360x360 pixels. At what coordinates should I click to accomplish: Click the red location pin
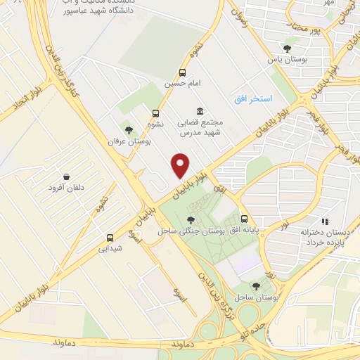point(181,165)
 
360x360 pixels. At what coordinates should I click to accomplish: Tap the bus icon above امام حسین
point(183,72)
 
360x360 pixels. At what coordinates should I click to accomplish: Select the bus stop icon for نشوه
point(155,112)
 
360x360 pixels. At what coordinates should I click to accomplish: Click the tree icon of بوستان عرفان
point(128,129)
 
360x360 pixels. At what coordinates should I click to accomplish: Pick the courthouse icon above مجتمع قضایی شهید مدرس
point(200,112)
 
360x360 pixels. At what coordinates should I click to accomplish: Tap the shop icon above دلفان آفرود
point(66,176)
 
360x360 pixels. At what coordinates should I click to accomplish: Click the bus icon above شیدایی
point(110,238)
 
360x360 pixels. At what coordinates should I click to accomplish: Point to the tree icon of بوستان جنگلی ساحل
point(191,220)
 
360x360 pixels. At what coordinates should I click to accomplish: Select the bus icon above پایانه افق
point(244,219)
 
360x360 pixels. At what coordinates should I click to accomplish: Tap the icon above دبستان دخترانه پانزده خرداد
point(325,221)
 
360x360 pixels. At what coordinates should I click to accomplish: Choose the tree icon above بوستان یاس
point(287,49)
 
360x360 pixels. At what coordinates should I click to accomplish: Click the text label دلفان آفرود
point(66,188)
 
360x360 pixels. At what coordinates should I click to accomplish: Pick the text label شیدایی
point(110,248)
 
